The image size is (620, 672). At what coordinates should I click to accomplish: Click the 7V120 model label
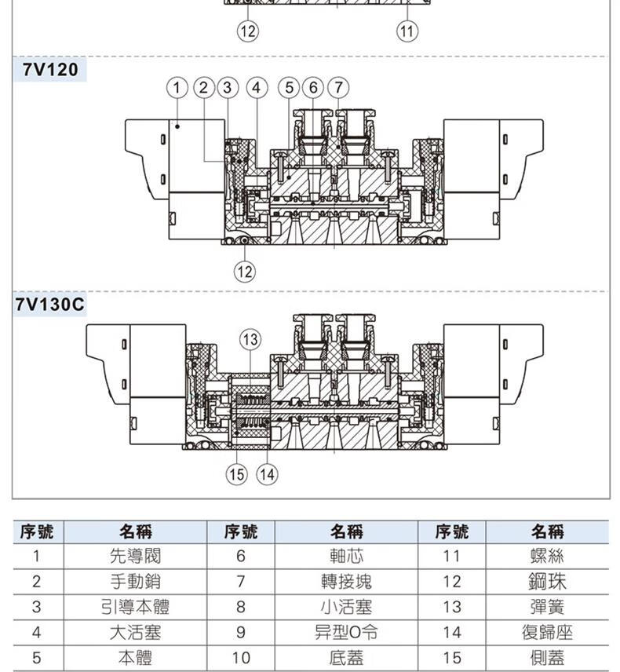50,69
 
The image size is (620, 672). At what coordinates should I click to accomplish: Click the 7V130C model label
49,305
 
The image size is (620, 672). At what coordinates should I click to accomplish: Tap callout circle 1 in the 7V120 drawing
177,88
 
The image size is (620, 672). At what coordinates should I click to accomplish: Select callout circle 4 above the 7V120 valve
257,88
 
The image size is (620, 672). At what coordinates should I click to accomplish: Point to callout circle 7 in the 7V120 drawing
338,88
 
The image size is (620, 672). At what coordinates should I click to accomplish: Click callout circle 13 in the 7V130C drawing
250,339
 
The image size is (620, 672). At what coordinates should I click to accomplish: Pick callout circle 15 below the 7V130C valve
236,474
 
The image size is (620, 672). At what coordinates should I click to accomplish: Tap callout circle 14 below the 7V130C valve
267,474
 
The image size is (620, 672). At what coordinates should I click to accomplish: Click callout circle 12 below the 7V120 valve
245,272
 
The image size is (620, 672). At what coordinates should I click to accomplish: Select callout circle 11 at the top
407,31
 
